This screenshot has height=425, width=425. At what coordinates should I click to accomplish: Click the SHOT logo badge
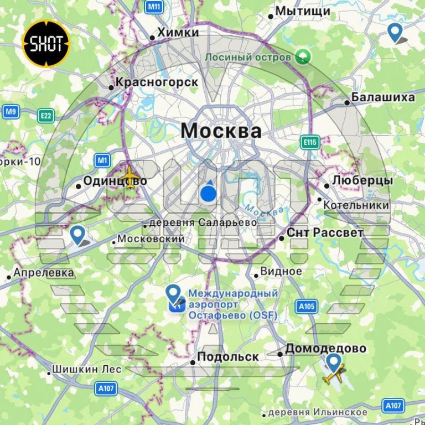coord(46,44)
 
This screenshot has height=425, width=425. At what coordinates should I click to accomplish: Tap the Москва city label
coord(221,131)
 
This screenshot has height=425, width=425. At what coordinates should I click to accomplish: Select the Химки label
coord(178,33)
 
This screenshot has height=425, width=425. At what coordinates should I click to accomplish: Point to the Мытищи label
coord(303,11)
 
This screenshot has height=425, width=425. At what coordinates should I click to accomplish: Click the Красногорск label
coord(156,82)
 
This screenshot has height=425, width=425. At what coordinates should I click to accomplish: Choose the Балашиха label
coord(383,98)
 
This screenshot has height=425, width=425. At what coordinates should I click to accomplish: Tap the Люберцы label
coord(362,181)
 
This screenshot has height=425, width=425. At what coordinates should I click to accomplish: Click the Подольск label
coord(227,357)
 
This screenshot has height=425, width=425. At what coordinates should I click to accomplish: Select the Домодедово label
coord(325,349)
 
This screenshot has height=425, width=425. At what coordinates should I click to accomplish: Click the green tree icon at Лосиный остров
coord(303,56)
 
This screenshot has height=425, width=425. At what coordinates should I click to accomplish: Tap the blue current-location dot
coord(208,194)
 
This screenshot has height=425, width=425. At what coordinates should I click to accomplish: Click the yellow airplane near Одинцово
coord(131,177)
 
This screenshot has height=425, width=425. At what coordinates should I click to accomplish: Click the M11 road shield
coord(154,7)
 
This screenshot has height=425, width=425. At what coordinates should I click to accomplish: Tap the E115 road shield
coord(310,143)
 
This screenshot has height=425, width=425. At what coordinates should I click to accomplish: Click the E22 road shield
coord(46,116)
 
